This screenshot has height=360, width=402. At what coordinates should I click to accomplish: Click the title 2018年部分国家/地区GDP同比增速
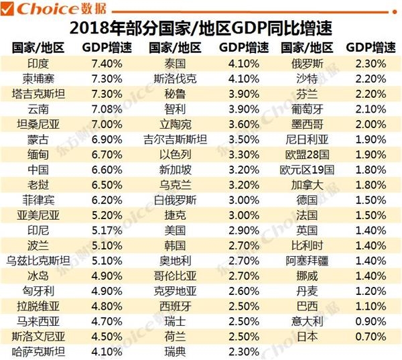201,29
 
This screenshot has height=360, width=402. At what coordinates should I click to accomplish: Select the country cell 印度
38,64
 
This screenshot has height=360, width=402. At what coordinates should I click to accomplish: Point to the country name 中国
38,169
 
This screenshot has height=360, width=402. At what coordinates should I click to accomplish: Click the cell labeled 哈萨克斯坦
38,351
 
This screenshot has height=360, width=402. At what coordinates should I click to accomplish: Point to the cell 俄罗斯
308,64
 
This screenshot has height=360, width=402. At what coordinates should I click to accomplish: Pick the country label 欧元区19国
308,169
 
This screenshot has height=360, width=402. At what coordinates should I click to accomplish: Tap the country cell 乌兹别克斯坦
38,259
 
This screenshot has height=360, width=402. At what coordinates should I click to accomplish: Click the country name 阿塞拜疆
308,259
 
